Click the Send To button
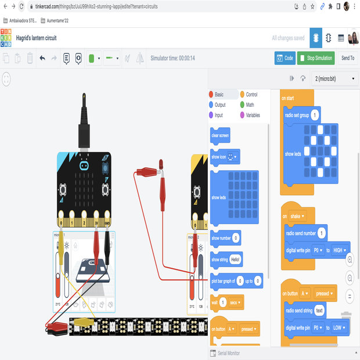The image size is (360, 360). point(347,58)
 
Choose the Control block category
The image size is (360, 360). point(251,95)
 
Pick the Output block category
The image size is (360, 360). point(219,105)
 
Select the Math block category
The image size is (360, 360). point(249,105)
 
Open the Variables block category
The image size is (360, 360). point(253,115)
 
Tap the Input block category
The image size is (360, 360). point(218,115)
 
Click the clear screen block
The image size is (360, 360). point(220,135)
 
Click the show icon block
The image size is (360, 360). point(218,157)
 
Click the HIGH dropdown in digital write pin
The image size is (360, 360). point(339,250)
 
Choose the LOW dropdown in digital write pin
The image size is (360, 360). point(339,327)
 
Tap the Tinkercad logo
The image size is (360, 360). point(6,38)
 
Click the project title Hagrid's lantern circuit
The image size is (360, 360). point(36,38)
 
